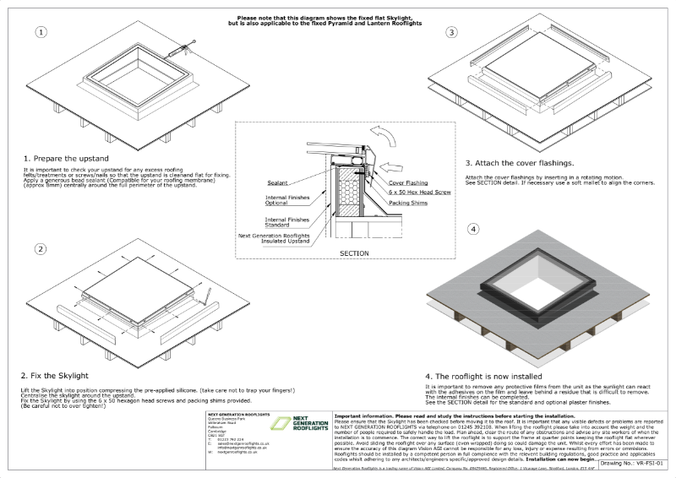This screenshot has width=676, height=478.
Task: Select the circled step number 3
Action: [x=451, y=32]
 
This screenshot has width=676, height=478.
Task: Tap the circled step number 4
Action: [x=473, y=229]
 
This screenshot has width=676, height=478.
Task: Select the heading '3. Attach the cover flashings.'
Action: [x=519, y=162]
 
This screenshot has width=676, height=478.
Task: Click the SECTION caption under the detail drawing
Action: [x=352, y=253]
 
